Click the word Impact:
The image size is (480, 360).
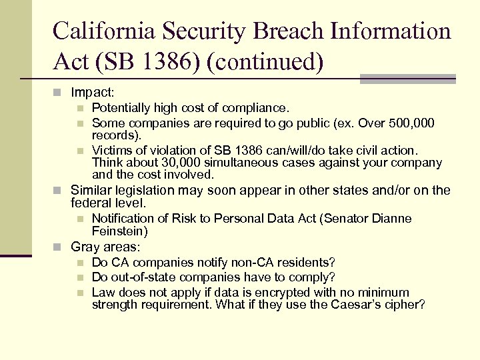(93, 92)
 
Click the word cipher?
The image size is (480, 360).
(403, 305)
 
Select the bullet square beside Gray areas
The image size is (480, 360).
(58, 247)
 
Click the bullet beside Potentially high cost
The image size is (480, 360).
(79, 108)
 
